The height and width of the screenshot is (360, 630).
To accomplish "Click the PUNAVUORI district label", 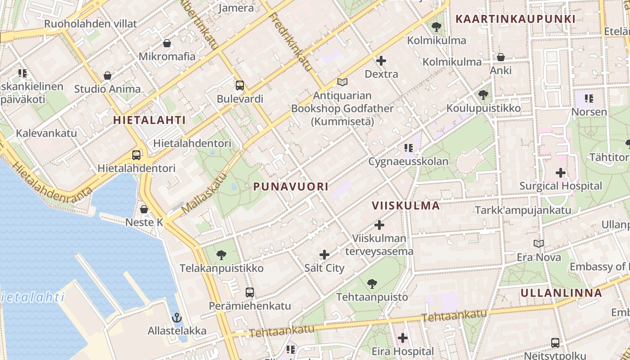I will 291,187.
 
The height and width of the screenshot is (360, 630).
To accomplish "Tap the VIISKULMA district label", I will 405,206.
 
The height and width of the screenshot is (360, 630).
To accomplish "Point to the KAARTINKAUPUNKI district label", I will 515,19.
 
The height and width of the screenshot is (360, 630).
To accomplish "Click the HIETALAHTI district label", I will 149,120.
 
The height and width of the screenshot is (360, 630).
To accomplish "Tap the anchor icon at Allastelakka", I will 177,317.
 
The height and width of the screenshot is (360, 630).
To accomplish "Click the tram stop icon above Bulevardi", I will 240,85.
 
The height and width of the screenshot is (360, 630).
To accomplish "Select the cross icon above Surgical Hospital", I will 561,172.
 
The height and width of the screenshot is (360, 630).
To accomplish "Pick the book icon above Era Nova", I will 539,243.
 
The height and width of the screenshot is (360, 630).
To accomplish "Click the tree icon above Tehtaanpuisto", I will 372,283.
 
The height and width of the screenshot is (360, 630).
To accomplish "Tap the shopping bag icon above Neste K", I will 144,209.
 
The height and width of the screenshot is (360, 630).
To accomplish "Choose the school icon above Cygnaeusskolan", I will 409,148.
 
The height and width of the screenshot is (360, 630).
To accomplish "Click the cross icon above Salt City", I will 324,255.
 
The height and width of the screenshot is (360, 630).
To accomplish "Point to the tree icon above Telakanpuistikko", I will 221,255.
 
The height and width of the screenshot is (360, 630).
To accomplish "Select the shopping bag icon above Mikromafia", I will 167,43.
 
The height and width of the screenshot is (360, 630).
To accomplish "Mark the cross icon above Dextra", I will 381,60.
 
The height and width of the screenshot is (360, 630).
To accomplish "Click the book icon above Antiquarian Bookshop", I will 342,82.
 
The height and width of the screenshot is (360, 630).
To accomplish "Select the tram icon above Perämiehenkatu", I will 250,292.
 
